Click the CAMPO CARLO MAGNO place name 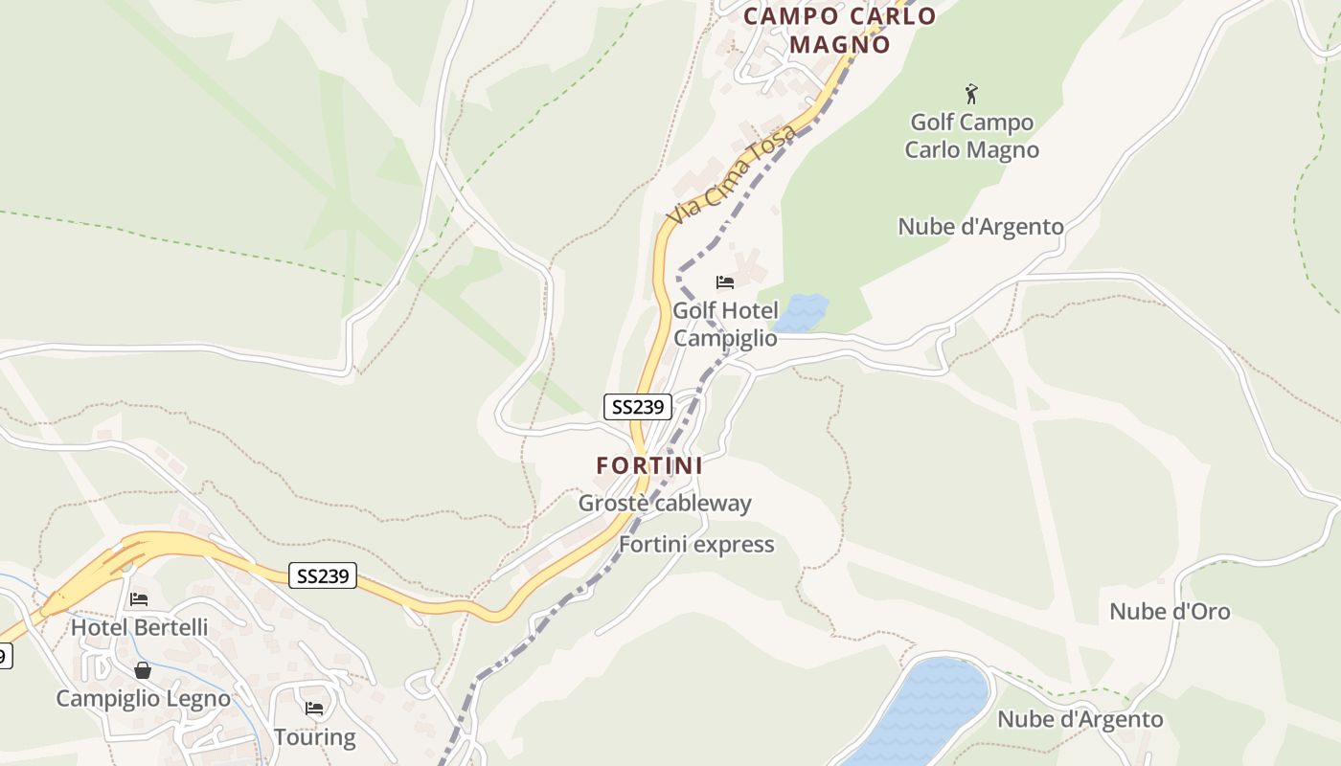839,30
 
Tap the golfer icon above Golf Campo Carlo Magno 971,94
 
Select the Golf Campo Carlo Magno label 971,136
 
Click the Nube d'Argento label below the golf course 980,227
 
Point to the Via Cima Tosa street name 732,175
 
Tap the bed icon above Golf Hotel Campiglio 725,282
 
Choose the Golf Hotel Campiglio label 725,324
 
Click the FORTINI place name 649,466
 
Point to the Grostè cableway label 665,504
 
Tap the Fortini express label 696,545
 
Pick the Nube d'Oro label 1170,612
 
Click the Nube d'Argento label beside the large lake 1080,720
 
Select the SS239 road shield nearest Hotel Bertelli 323,575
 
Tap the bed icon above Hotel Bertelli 139,599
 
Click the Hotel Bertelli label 139,628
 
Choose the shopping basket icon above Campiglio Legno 143,670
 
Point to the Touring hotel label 314,737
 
